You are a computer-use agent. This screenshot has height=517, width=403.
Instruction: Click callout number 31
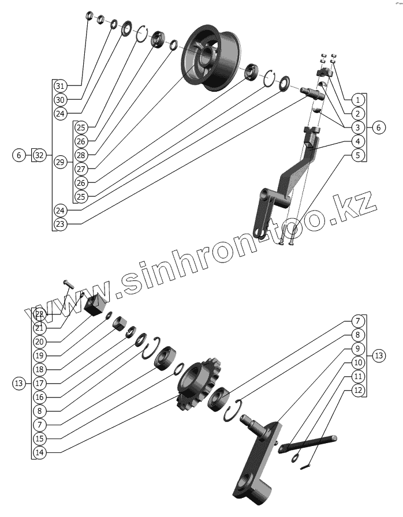(x=60, y=86)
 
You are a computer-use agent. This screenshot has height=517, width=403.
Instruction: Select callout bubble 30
(x=60, y=100)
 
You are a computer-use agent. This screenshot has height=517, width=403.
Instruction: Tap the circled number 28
(x=80, y=155)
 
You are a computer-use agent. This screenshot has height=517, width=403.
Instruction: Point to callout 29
(x=60, y=163)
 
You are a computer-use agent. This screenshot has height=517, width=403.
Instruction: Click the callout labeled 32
(x=39, y=155)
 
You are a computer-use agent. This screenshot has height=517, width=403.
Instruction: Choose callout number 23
(x=60, y=223)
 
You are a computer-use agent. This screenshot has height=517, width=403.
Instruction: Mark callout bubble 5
(x=357, y=155)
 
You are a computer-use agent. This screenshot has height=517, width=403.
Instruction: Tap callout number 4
(x=357, y=141)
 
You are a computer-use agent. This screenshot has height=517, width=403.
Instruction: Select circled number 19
(x=39, y=355)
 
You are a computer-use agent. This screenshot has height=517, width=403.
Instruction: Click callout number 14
(x=39, y=452)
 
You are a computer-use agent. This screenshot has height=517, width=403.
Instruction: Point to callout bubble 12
(x=357, y=389)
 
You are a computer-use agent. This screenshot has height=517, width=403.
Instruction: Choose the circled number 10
(x=357, y=362)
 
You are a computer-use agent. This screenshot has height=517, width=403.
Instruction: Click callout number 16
(x=39, y=396)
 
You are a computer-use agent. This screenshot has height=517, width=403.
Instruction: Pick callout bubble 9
(x=357, y=348)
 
